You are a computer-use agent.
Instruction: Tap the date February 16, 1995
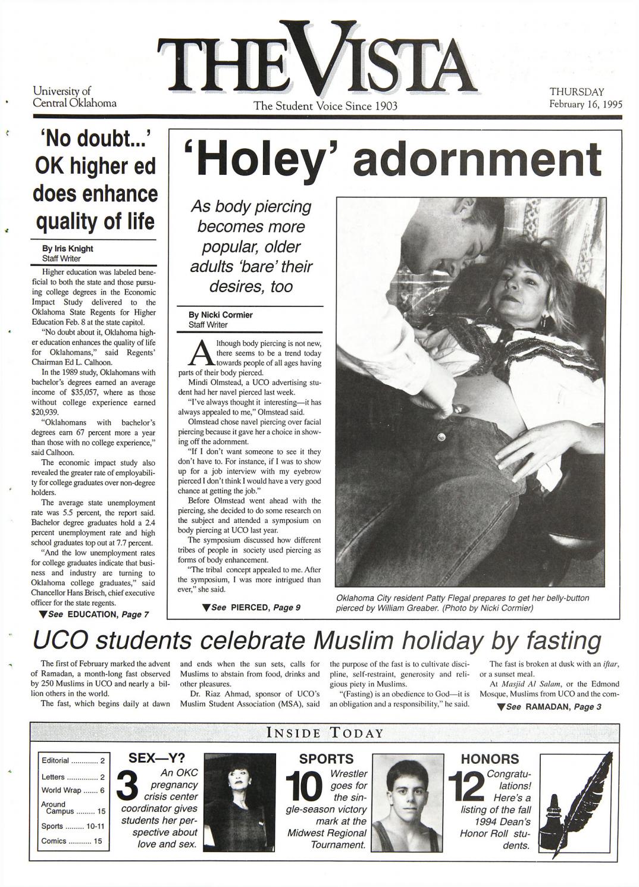[x=585, y=104]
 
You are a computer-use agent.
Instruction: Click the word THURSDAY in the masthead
[x=577, y=92]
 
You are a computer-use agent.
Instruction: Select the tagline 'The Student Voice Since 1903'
[x=325, y=106]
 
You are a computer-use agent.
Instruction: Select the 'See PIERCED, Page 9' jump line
[x=251, y=607]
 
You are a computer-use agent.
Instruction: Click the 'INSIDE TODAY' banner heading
[x=325, y=732]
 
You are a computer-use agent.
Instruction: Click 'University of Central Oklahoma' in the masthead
[x=74, y=97]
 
